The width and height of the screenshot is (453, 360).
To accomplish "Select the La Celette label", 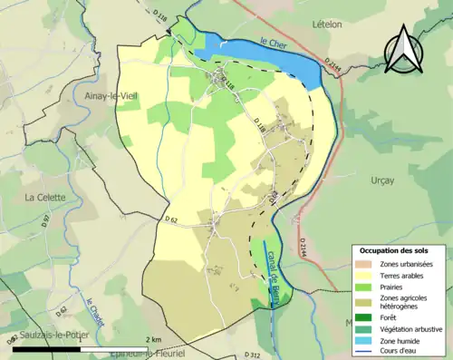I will (x=43, y=197).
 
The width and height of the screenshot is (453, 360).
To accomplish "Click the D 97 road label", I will (x=46, y=219).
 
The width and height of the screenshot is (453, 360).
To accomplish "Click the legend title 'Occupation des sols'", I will (x=400, y=249).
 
